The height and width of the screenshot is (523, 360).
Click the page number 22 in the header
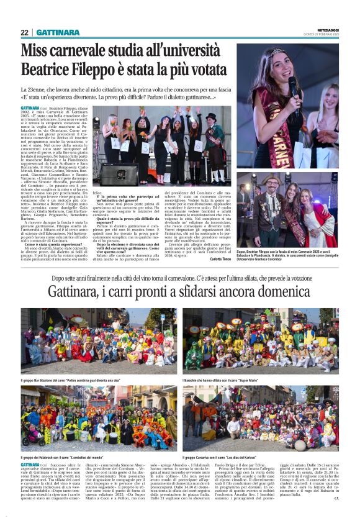point(24,32)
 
